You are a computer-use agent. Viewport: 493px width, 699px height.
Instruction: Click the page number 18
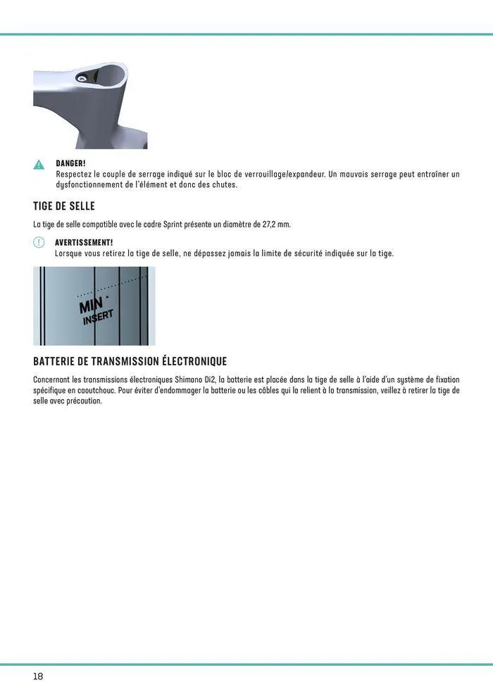point(38,676)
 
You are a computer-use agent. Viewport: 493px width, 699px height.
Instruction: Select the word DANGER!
point(70,163)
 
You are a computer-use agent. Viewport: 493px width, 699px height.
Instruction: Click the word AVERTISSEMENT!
point(84,242)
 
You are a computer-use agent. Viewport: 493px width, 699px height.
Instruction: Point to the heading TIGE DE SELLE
point(64,206)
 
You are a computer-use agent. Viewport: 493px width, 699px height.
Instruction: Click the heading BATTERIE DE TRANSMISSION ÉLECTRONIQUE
point(130,361)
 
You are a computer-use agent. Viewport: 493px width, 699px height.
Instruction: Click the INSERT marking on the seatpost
point(98,317)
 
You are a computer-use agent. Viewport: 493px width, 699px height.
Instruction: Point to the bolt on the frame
point(84,80)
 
